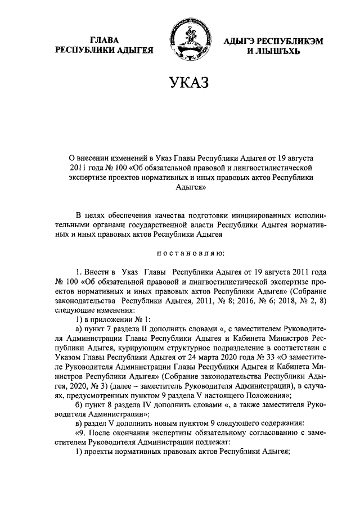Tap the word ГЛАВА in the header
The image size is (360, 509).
(104, 40)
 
